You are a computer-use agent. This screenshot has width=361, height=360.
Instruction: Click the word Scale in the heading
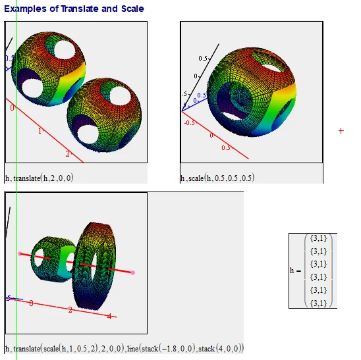(x=132, y=9)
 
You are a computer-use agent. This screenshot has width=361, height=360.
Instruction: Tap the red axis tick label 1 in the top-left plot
(x=40, y=131)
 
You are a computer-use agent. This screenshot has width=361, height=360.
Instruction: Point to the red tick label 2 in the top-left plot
(x=67, y=153)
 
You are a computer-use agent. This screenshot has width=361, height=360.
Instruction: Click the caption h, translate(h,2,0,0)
(x=39, y=178)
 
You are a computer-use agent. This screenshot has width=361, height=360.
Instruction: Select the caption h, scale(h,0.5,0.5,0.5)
(x=217, y=178)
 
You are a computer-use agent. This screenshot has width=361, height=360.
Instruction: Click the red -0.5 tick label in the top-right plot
(x=190, y=123)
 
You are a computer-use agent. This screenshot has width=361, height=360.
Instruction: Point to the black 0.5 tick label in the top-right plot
(x=203, y=59)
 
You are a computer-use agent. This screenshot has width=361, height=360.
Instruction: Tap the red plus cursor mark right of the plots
(x=341, y=131)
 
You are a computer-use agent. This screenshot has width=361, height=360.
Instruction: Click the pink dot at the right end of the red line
(x=133, y=272)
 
